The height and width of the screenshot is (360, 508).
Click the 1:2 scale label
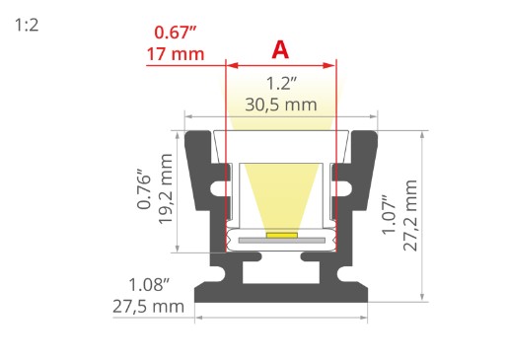click(x=27, y=26)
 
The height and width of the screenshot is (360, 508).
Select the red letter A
click(x=280, y=50)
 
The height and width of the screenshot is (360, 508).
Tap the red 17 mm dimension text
click(x=176, y=54)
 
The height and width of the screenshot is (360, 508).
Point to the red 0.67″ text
click(x=176, y=33)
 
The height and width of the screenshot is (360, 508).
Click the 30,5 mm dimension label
click(x=281, y=105)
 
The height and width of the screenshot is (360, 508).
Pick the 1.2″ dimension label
click(x=281, y=83)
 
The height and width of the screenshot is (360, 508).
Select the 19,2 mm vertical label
click(x=166, y=189)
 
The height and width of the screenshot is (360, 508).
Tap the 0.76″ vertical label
click(x=144, y=189)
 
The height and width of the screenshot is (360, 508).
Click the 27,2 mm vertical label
click(x=410, y=216)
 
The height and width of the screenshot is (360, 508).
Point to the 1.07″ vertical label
click(x=389, y=214)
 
